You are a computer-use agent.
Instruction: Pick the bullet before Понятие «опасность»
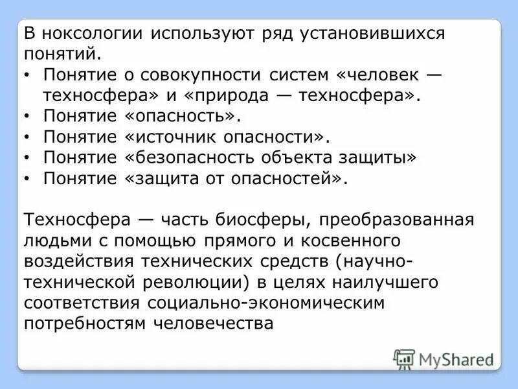(x=26, y=117)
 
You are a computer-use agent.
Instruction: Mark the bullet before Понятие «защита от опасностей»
(x=26, y=179)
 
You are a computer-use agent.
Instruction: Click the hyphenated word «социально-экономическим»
(x=266, y=303)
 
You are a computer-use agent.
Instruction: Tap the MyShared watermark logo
(x=444, y=358)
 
